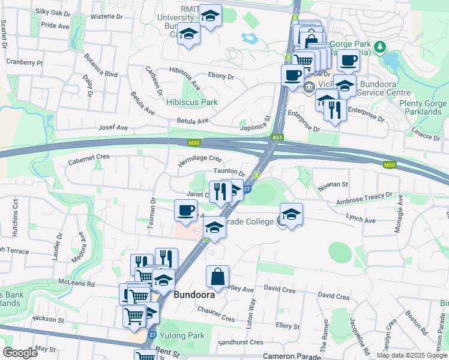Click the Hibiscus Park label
tap(192, 102)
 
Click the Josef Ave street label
tap(113, 128)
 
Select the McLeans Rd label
tap(77, 283)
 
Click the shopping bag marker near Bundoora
tap(217, 277)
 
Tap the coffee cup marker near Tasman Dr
tap(185, 211)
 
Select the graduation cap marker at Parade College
tap(291, 215)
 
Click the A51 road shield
tap(277, 137)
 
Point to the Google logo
tap(20, 353)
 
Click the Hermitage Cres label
tap(200, 161)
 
